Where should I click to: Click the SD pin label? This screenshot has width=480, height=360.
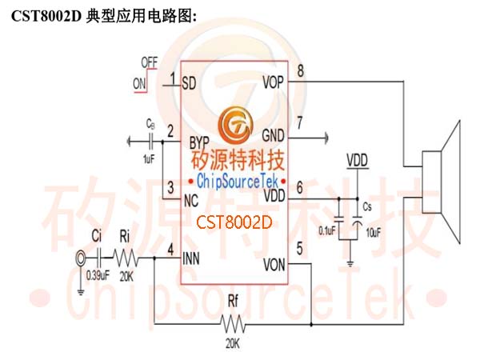(x=189, y=82)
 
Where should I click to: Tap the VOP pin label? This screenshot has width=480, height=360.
(x=274, y=82)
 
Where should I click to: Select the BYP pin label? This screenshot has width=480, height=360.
(x=199, y=142)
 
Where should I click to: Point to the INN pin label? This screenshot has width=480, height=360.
(x=191, y=258)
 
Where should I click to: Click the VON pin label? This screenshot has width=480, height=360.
(x=274, y=265)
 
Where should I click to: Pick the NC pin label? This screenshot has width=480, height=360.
(x=191, y=201)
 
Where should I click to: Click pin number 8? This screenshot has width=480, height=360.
(x=301, y=70)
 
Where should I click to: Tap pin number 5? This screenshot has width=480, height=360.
(x=300, y=248)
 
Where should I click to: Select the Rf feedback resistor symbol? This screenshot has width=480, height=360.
(x=233, y=324)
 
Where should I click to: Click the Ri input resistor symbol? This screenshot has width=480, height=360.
(x=126, y=258)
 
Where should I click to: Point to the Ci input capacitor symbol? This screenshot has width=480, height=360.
(x=99, y=258)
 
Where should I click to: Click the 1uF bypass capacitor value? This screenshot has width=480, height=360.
(x=149, y=159)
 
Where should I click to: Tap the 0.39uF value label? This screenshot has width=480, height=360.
(x=98, y=275)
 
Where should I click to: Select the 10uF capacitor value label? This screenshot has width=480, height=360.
(x=374, y=233)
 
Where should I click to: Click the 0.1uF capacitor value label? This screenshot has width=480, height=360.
(x=327, y=230)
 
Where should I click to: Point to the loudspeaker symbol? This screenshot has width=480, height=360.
(x=441, y=182)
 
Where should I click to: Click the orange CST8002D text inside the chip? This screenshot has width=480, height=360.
(x=234, y=222)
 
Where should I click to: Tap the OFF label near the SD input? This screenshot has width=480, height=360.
(x=150, y=62)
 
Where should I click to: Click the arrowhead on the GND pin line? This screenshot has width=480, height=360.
(x=326, y=138)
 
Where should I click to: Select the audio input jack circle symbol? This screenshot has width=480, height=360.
(x=81, y=259)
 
